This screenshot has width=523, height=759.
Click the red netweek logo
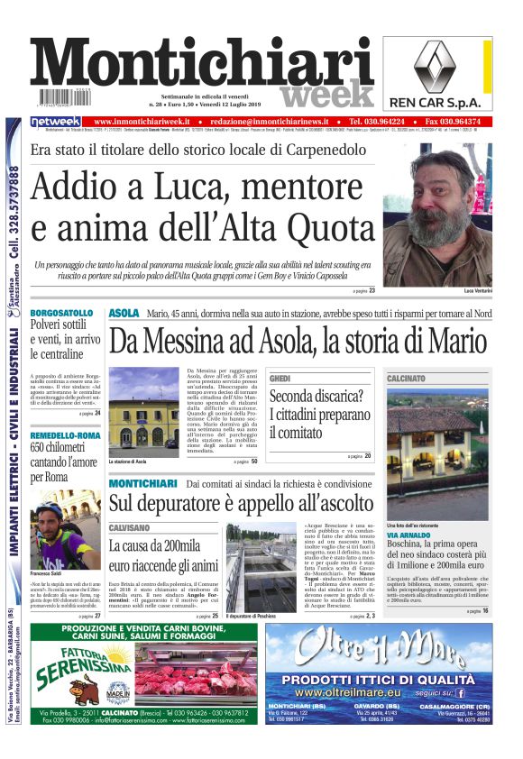coord(56,122)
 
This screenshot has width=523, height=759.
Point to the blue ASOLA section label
coord(124,313)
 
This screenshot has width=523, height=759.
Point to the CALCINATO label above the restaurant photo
coord(406,379)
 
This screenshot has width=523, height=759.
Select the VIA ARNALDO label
coord(410,535)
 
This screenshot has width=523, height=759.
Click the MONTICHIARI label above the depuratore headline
coord(142,485)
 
